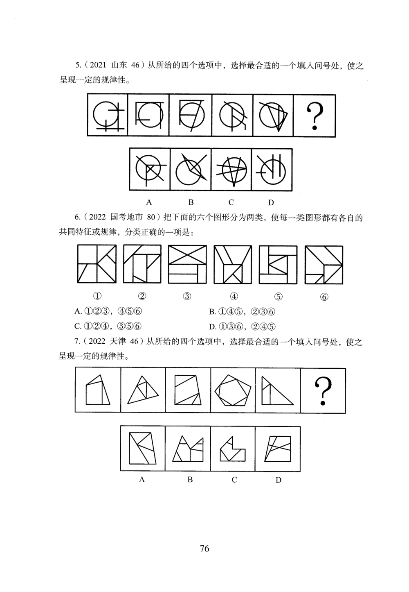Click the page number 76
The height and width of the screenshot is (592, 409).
coord(204,549)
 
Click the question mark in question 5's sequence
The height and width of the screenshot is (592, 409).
coord(315,116)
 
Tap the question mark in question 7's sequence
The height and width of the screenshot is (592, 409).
coord(323,390)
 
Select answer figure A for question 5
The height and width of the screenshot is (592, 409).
coord(150,170)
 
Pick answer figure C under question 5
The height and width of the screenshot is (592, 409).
coord(231,170)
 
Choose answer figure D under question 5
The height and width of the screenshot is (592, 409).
coord(272,170)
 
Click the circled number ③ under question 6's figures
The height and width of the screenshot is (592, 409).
coord(187,296)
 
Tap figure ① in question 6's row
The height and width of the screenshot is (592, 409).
coord(97,264)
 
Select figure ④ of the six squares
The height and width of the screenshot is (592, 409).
coord(233,264)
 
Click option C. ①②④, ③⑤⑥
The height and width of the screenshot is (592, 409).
coord(108,326)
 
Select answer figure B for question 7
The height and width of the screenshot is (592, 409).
coord(188,449)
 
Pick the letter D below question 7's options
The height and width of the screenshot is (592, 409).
coord(278,480)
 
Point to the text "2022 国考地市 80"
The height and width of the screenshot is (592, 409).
coord(123,218)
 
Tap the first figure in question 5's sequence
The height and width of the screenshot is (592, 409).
coord(108,116)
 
